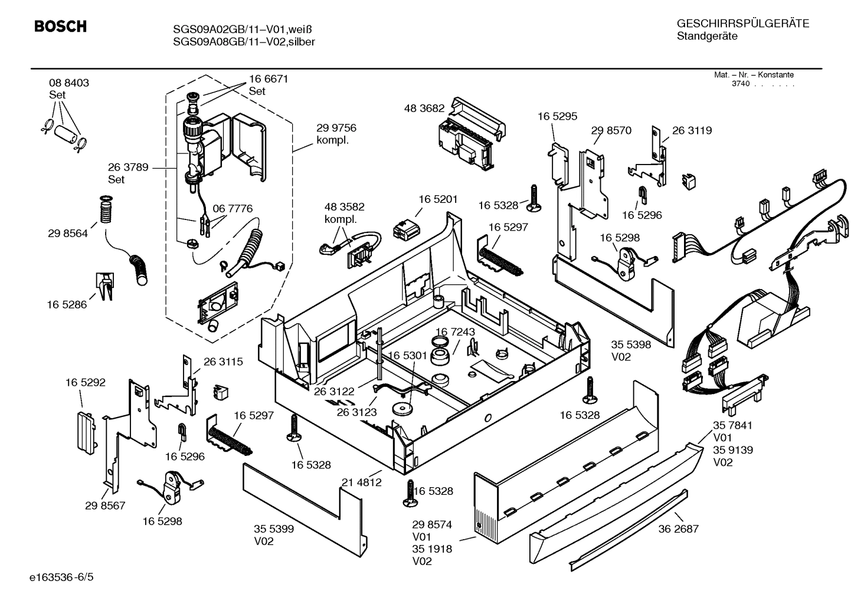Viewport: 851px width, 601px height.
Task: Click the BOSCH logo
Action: pyautogui.click(x=60, y=27)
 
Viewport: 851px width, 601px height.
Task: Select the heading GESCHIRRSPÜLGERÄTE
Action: pyautogui.click(x=742, y=24)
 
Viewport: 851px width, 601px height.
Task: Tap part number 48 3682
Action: pyautogui.click(x=424, y=109)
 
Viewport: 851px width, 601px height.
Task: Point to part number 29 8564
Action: pyautogui.click(x=67, y=234)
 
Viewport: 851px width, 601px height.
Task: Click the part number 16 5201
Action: pyautogui.click(x=438, y=200)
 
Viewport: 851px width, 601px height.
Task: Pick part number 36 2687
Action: pyautogui.click(x=678, y=529)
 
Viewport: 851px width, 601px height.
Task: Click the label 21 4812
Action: pyautogui.click(x=361, y=482)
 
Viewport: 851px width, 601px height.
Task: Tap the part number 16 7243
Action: pyautogui.click(x=455, y=333)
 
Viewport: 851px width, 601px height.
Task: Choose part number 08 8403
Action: pyautogui.click(x=69, y=83)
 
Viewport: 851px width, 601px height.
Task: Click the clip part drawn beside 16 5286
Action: pyautogui.click(x=104, y=287)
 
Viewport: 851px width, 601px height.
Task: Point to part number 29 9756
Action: pyautogui.click(x=336, y=128)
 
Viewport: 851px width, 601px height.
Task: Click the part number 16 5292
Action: pyautogui.click(x=85, y=383)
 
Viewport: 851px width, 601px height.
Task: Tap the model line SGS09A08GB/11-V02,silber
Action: pyautogui.click(x=244, y=42)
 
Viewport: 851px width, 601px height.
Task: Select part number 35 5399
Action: pyautogui.click(x=273, y=529)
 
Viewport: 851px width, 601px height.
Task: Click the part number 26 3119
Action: pyautogui.click(x=692, y=131)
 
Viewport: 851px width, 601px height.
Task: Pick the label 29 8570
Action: pyautogui.click(x=611, y=131)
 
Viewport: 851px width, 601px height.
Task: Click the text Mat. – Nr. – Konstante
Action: pyautogui.click(x=754, y=75)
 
